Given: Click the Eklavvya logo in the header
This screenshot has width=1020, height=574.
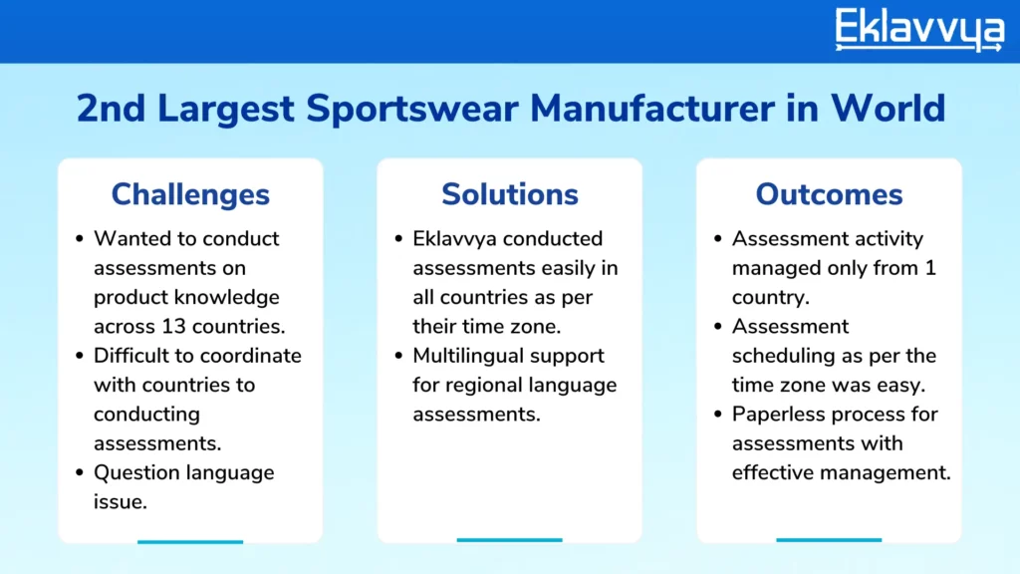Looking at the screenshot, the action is (919, 29).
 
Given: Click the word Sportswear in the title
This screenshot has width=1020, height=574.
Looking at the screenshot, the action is (412, 109).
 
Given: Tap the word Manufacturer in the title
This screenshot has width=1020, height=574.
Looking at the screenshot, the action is (652, 108).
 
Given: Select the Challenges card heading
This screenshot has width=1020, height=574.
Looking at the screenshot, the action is (190, 195).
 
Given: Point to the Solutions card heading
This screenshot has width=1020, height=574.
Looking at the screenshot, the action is (510, 194).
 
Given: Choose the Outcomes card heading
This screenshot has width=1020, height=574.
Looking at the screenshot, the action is (829, 194).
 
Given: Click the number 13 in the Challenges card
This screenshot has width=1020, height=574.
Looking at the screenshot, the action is (174, 326).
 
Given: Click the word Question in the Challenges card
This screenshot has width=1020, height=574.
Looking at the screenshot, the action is (137, 472).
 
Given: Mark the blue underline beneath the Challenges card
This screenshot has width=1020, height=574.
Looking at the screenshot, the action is (190, 541).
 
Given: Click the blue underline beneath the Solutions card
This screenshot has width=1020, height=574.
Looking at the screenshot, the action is (509, 540).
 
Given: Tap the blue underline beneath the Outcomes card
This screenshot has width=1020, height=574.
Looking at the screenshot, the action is (829, 540).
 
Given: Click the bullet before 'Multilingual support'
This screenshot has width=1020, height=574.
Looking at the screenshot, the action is (398, 356).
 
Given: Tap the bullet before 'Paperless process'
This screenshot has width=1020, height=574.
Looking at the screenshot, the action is (718, 415).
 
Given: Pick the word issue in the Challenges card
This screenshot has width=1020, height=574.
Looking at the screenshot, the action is (121, 502).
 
